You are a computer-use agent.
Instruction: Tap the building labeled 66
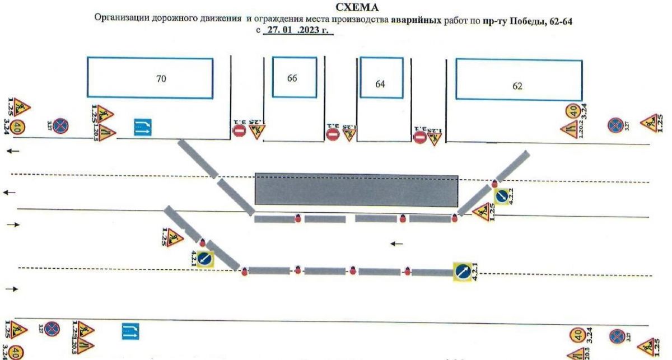[x=292, y=78]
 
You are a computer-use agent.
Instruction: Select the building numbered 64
[x=380, y=84]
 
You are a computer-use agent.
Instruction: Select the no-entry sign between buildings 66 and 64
[x=333, y=134]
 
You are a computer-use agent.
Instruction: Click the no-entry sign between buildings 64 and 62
[x=421, y=136]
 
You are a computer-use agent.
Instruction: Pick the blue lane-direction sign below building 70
[x=141, y=127]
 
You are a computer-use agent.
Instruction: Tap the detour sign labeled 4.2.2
[x=502, y=195]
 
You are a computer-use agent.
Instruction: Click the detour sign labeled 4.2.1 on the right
[x=463, y=271]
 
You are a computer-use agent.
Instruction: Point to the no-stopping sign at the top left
[x=60, y=127]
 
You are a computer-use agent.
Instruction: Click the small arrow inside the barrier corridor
[x=397, y=244]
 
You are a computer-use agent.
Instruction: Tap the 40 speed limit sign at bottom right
[x=577, y=335]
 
